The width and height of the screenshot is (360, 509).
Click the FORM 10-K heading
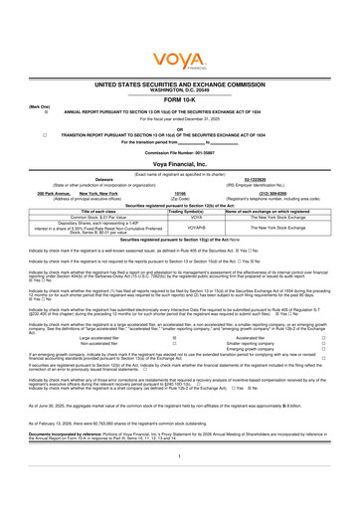(x=179, y=99)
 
